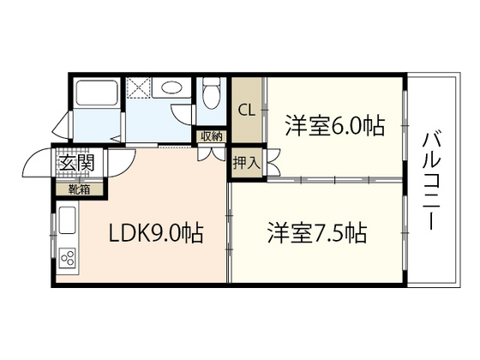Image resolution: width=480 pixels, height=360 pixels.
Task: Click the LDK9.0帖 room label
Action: (154, 233)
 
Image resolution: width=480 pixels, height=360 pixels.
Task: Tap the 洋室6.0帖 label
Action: (333, 125)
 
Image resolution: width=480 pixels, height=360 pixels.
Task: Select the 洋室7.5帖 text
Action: (316, 232)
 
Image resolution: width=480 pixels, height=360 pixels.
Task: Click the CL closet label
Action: (246, 110)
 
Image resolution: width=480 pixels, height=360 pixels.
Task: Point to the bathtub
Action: (96, 95)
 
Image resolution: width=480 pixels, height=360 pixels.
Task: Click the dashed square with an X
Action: (138, 88)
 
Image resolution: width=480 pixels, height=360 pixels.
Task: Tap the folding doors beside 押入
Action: (273, 163)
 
